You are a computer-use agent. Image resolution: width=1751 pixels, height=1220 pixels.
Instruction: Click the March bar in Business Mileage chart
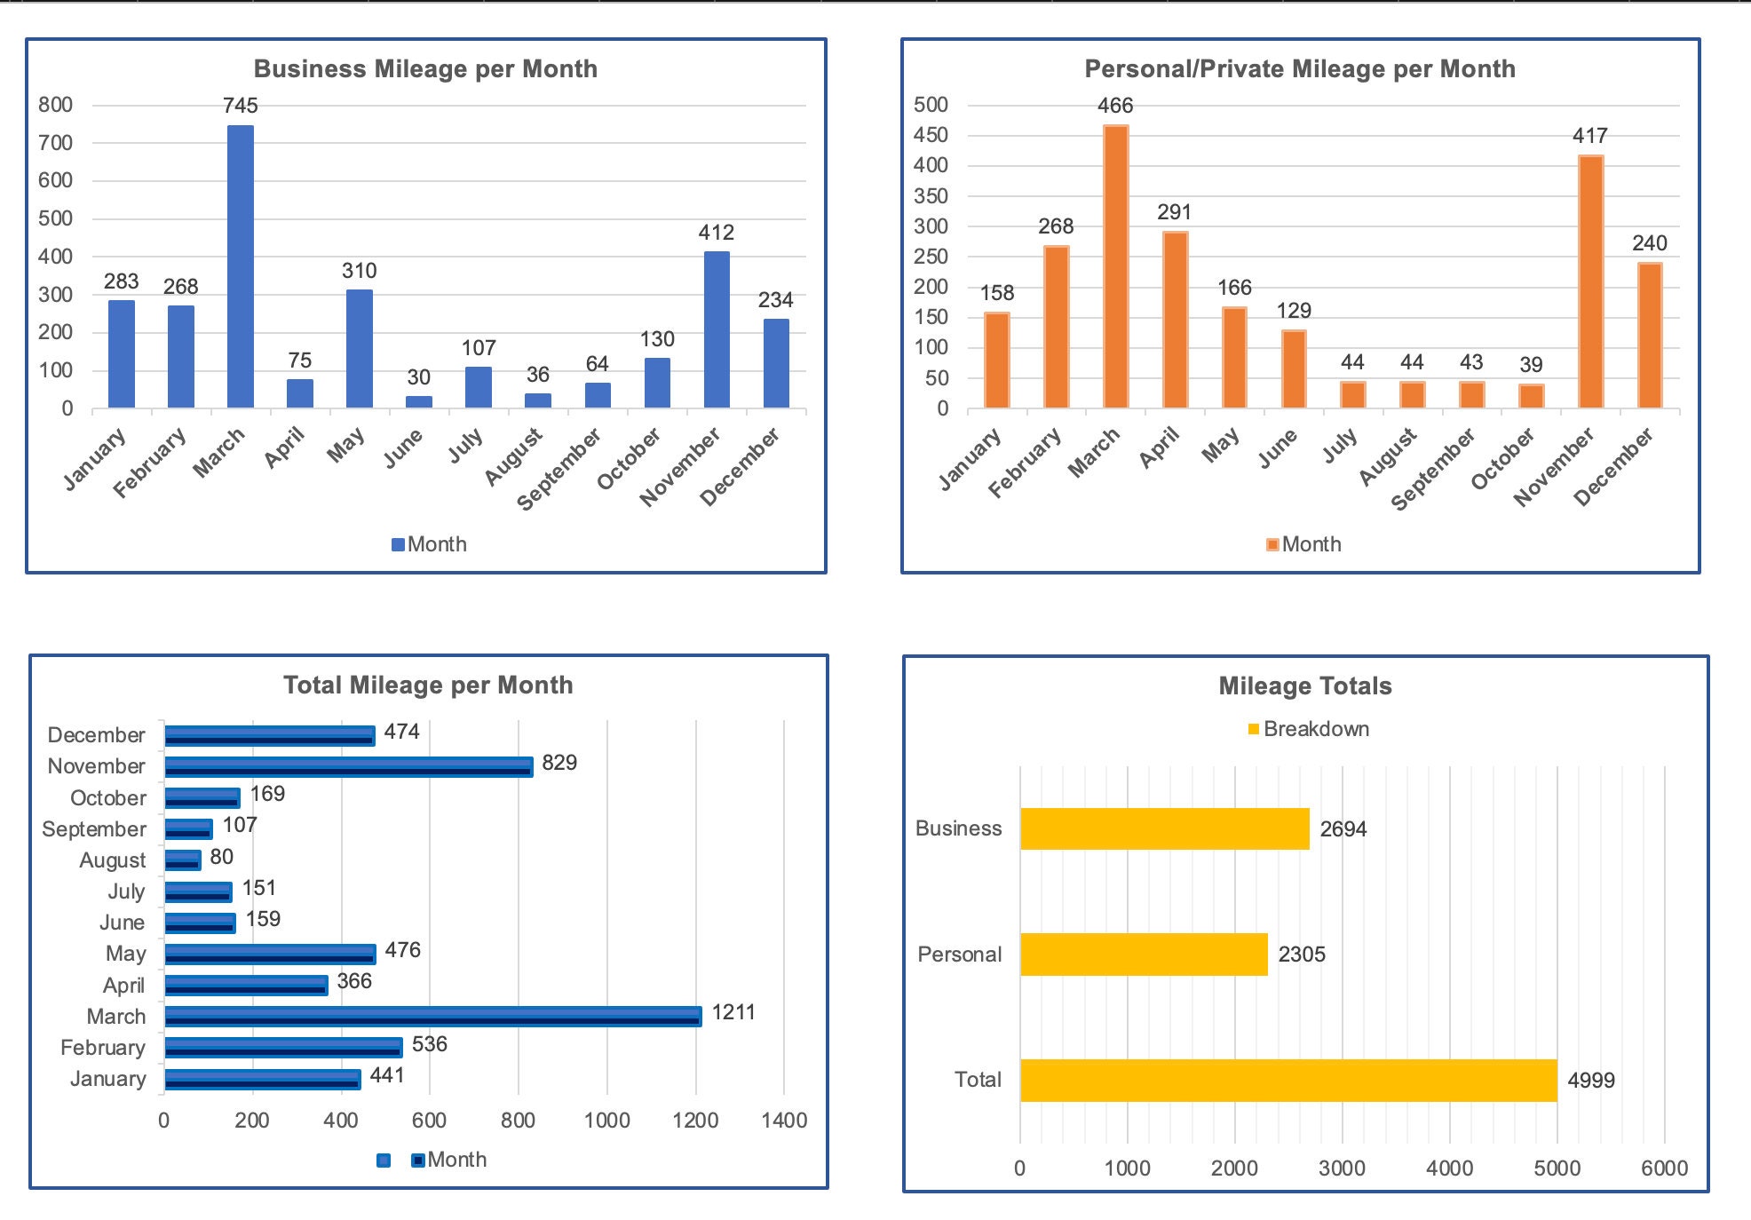click(x=240, y=266)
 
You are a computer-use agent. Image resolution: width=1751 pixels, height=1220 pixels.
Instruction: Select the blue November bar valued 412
click(x=717, y=329)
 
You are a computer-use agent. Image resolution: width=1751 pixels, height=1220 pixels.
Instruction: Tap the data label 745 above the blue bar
click(x=240, y=106)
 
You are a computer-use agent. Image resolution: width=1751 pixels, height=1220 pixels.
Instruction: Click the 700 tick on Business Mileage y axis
click(x=55, y=143)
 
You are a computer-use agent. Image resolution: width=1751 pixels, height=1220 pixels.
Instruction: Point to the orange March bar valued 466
click(x=1115, y=266)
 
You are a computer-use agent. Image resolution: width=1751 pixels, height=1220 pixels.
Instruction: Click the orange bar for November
click(x=1590, y=282)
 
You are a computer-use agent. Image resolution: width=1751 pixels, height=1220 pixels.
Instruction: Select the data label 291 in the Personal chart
click(x=1174, y=212)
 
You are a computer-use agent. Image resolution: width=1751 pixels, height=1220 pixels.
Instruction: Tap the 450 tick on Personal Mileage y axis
click(x=931, y=135)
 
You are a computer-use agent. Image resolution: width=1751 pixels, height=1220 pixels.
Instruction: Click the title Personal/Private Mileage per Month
click(x=1299, y=69)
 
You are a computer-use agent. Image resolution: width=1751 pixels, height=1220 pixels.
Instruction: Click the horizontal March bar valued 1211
click(x=432, y=1016)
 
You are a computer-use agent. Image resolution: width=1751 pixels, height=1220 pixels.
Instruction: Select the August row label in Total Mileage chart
click(x=112, y=860)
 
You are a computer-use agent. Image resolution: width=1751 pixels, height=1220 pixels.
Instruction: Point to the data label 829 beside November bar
click(x=559, y=763)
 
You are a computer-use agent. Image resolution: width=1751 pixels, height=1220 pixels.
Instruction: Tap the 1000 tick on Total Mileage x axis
click(x=606, y=1121)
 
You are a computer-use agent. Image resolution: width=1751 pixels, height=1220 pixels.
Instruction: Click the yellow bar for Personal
click(x=1144, y=955)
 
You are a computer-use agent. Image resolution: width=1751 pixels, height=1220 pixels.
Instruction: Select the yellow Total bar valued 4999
click(x=1287, y=1081)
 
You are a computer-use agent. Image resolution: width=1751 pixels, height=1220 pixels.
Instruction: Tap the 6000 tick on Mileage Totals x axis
click(x=1663, y=1169)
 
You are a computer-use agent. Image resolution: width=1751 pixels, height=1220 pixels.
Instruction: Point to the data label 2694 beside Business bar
click(x=1343, y=829)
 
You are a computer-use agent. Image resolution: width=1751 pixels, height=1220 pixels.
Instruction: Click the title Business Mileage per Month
click(x=425, y=69)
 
